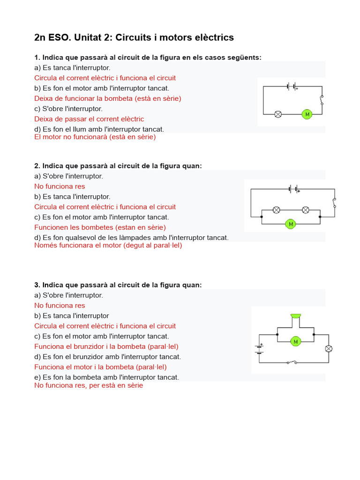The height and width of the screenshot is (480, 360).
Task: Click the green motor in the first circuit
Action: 307,114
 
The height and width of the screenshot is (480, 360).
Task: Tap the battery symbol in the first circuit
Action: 292,86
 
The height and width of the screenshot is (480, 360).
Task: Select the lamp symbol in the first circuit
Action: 278,114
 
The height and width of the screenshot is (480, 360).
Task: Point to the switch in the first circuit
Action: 322,100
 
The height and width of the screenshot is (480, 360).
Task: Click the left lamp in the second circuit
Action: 277,210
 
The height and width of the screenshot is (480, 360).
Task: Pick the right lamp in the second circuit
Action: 305,210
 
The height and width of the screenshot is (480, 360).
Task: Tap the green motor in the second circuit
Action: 291,224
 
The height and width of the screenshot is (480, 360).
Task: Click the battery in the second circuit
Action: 294,189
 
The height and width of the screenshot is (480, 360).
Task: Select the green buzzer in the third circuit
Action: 295,316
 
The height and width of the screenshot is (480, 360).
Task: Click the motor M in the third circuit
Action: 296,342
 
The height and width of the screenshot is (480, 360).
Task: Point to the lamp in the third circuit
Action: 329,348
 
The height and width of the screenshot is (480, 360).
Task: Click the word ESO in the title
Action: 58,37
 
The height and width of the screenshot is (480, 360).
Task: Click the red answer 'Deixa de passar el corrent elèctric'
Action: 89,119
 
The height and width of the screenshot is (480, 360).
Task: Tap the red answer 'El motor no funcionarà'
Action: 95,137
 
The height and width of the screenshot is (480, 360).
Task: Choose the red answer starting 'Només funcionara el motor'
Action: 108,245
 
